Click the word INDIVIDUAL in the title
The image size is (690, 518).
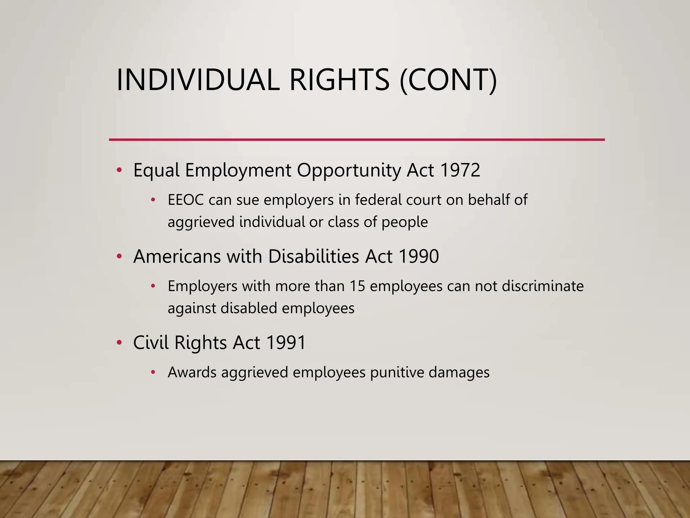point(198,80)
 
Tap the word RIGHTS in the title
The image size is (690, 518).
point(339,80)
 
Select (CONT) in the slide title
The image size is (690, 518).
point(448,80)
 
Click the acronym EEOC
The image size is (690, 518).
point(186,200)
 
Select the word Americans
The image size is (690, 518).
point(177,256)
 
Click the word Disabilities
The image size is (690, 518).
point(314,256)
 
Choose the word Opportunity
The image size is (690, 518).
point(349,171)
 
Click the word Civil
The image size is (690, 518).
point(151,343)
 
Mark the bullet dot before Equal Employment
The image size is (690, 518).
point(119,170)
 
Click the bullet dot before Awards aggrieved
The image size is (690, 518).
point(153,372)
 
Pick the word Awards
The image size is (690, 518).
point(192,373)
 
